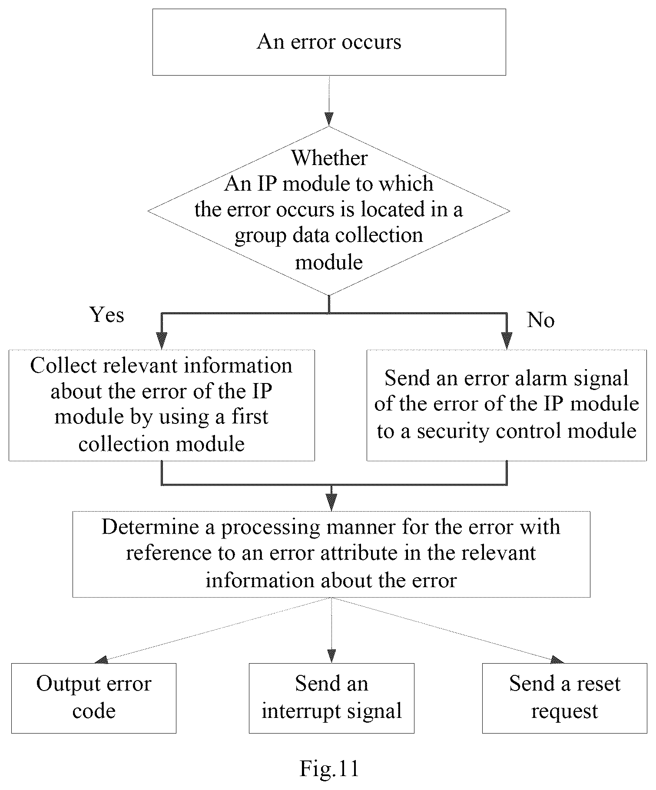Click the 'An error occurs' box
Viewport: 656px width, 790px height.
[x=329, y=42]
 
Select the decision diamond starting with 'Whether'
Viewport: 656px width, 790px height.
[x=329, y=211]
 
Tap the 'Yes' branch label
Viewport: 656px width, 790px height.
[x=107, y=314]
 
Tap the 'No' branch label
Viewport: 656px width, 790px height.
[x=540, y=320]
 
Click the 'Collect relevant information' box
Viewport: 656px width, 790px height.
[x=162, y=405]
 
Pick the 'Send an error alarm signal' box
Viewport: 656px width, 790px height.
[x=507, y=405]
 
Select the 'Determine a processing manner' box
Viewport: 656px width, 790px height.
[x=331, y=554]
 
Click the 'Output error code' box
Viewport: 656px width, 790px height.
[x=94, y=698]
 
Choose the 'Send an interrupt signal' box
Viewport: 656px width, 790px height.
[x=331, y=698]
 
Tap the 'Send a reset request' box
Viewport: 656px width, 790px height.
[x=565, y=698]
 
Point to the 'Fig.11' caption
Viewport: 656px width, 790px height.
[x=329, y=768]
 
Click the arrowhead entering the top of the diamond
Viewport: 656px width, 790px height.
[x=329, y=119]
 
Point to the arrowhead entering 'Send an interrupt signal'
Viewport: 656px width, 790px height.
[x=331, y=656]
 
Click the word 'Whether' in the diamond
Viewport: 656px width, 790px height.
[x=329, y=158]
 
